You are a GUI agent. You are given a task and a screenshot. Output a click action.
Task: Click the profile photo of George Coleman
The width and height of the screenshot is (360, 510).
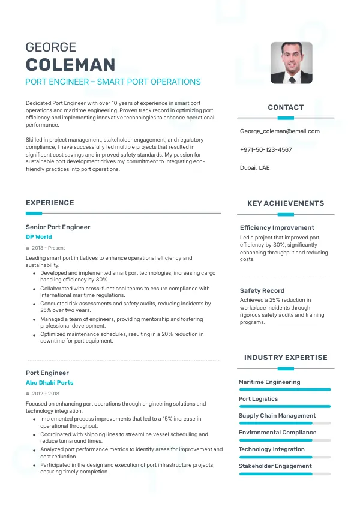(x=291, y=62)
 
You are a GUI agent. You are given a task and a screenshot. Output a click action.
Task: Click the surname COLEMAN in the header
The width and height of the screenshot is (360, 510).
(x=70, y=65)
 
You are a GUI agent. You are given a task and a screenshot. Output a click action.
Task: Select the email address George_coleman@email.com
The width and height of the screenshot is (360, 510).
(x=280, y=131)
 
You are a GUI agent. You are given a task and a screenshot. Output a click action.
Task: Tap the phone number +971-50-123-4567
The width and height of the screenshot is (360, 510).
(x=266, y=149)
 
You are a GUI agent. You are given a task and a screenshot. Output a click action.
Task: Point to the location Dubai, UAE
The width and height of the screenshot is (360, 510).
(x=254, y=168)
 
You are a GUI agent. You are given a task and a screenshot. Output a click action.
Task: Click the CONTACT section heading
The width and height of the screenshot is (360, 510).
(x=286, y=107)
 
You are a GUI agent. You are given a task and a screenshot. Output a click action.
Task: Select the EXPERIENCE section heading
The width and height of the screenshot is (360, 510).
(x=50, y=203)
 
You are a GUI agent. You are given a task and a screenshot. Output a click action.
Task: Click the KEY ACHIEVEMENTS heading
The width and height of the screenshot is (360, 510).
(x=286, y=203)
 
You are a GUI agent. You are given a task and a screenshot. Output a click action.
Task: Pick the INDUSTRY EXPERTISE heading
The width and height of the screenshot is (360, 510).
(x=286, y=358)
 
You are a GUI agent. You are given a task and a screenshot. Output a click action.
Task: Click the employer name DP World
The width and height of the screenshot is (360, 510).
(x=38, y=237)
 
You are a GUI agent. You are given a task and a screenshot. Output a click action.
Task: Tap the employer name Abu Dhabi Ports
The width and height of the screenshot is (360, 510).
(x=49, y=382)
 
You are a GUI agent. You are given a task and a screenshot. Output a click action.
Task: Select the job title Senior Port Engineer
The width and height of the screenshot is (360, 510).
(x=58, y=227)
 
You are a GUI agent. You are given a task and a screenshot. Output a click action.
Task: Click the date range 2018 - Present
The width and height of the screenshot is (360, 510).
(x=48, y=248)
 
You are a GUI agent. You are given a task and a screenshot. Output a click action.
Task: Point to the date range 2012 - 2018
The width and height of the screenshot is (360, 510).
(x=46, y=394)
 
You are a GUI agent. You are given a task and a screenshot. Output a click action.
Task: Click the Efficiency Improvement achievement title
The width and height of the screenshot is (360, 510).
(x=277, y=228)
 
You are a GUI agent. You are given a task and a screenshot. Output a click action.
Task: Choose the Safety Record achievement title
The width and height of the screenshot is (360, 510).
(x=262, y=291)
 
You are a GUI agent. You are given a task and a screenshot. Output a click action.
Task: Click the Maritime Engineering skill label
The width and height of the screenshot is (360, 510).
(x=269, y=382)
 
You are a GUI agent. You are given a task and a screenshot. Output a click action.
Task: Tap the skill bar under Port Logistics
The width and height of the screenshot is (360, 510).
(x=284, y=406)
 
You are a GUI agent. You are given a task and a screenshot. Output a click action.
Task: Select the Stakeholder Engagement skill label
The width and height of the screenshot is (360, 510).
(x=275, y=466)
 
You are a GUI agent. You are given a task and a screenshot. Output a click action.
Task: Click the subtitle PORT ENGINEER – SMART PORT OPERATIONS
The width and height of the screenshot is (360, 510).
(x=113, y=82)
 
